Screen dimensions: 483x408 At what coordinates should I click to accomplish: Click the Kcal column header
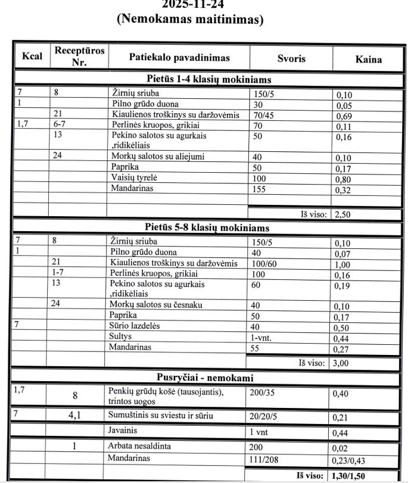click(x=31, y=58)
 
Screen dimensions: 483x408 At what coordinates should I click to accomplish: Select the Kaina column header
click(x=369, y=59)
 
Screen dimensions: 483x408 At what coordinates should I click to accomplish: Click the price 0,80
click(x=344, y=179)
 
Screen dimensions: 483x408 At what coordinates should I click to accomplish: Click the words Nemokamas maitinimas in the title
click(x=191, y=19)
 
